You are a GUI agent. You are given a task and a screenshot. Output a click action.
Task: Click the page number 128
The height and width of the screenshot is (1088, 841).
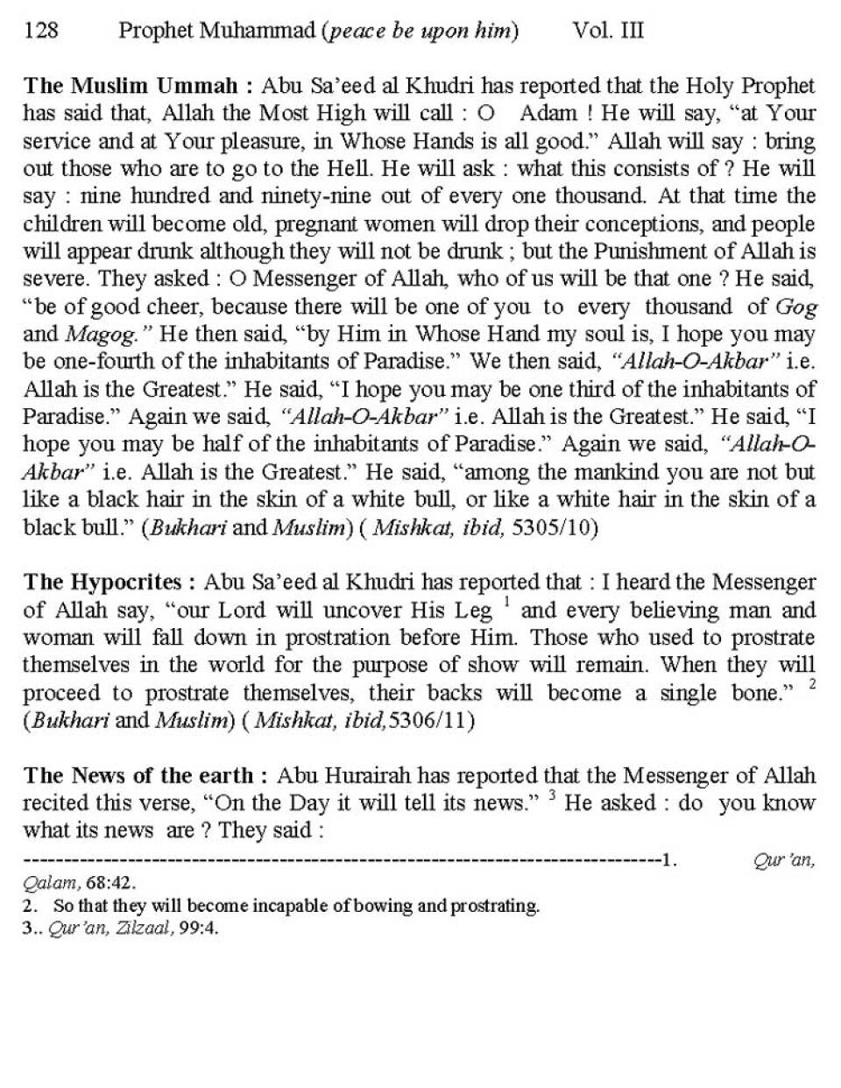click(40, 32)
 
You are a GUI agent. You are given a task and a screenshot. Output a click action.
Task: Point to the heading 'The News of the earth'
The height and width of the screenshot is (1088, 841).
click(139, 775)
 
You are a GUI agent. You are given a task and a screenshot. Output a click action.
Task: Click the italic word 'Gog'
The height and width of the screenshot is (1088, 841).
click(796, 307)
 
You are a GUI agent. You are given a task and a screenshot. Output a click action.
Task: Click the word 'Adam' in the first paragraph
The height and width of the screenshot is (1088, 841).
click(548, 114)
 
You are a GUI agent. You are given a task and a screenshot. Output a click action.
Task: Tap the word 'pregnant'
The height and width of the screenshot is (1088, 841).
click(316, 224)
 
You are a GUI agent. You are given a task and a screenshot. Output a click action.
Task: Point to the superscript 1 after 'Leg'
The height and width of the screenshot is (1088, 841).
click(506, 603)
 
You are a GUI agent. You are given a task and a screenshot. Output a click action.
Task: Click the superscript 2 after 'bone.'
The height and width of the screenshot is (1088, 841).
click(812, 685)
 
